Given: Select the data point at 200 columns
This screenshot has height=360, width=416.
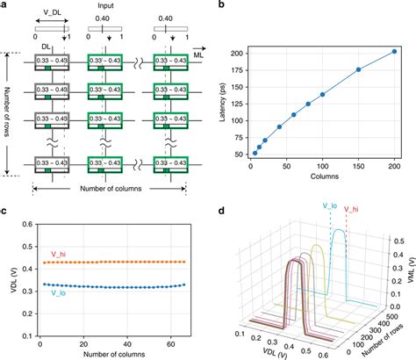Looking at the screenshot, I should [x=394, y=52].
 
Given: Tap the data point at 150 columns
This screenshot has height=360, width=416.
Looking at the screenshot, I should [x=358, y=70].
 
